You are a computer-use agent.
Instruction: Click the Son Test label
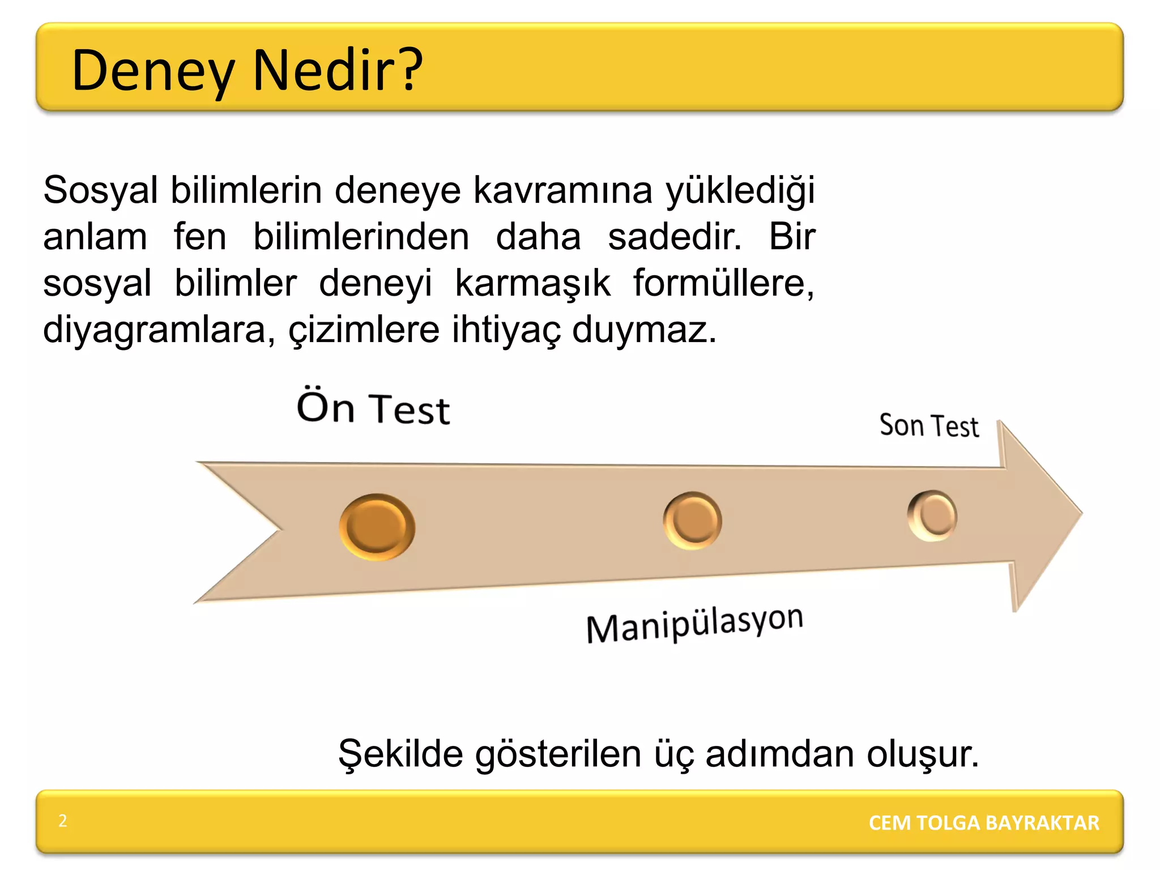pyautogui.click(x=929, y=426)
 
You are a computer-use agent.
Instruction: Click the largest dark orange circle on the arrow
pyautogui.click(x=377, y=527)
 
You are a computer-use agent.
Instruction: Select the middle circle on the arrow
pyautogui.click(x=692, y=520)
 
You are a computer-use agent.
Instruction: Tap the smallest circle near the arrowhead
pyautogui.click(x=932, y=515)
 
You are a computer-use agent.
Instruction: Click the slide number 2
pyautogui.click(x=63, y=821)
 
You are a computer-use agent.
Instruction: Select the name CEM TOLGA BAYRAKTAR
pyautogui.click(x=984, y=822)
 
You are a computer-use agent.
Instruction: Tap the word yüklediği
pyautogui.click(x=740, y=191)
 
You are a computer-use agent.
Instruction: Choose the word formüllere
pyautogui.click(x=723, y=283)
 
